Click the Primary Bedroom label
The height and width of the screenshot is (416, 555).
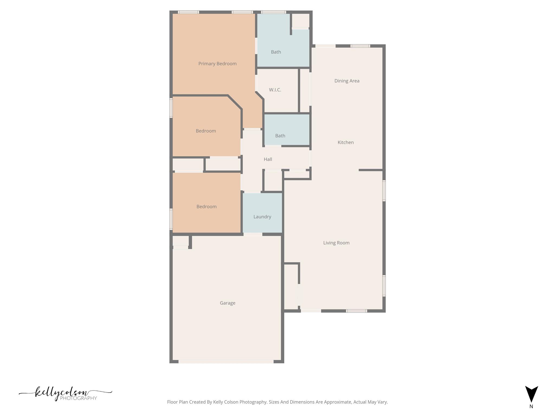(217, 64)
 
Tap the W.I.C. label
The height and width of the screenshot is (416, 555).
(275, 90)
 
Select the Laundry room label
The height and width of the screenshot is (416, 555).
(262, 217)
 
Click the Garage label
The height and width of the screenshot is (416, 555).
(227, 303)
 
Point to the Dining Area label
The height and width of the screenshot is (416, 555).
(347, 81)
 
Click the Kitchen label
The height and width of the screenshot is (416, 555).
(346, 142)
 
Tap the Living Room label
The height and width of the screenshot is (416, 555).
(336, 243)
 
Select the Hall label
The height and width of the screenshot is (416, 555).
(268, 159)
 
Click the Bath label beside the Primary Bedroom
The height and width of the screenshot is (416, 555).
(276, 52)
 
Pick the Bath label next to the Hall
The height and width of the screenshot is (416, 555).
(280, 136)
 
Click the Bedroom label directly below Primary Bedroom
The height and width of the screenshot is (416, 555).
(206, 131)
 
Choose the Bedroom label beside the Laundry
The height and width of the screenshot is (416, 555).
(206, 207)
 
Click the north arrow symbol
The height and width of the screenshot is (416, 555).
(531, 394)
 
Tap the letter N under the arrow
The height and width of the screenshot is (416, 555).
(531, 407)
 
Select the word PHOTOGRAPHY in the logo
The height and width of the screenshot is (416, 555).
(78, 398)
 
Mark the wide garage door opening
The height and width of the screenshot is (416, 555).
(226, 362)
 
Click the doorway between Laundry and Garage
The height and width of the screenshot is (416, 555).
(253, 234)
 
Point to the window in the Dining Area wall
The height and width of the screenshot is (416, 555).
(360, 46)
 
